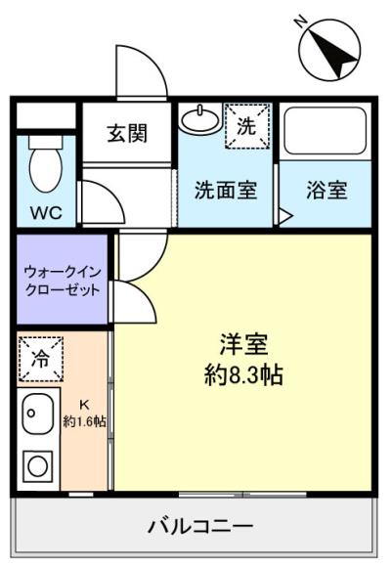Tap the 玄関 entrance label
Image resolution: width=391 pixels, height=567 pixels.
[x=127, y=132]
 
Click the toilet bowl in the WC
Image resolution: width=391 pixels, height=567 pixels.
[x=43, y=166]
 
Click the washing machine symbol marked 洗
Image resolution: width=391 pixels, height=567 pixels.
[x=247, y=126]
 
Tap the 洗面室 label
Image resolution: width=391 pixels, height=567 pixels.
[x=225, y=190]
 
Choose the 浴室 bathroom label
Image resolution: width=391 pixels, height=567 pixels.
[x=326, y=190]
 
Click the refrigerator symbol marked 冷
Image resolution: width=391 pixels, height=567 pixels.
[x=40, y=358]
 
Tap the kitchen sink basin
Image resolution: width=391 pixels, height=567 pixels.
[x=37, y=413]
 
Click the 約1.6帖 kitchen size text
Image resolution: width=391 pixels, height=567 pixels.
[x=85, y=422]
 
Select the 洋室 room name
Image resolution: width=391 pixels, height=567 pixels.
[x=243, y=345]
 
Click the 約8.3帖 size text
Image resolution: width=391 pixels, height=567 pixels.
[x=243, y=373]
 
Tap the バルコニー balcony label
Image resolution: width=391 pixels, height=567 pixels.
[x=200, y=526]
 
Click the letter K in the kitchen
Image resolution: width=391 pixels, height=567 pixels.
[x=84, y=405]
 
